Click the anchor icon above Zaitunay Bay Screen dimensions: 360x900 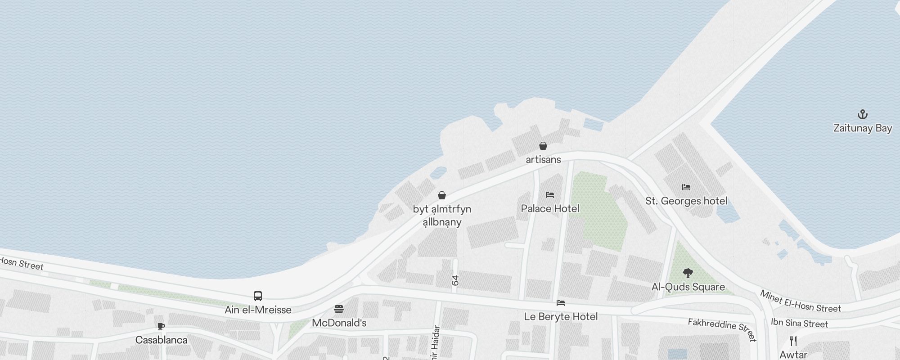(x=862, y=114)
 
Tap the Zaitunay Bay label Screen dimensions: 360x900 (x=862, y=128)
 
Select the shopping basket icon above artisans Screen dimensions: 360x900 (x=543, y=146)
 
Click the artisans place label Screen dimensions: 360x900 (x=543, y=160)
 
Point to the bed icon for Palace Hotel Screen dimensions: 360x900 (x=549, y=195)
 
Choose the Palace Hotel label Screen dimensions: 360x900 (x=549, y=208)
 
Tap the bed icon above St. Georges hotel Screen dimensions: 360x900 (x=686, y=187)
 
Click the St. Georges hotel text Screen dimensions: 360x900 (x=686, y=201)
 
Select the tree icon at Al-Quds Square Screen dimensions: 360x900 (x=688, y=273)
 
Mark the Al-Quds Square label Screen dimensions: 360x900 (x=688, y=287)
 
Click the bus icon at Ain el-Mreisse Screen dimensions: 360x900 (x=258, y=296)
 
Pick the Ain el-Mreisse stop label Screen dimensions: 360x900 (x=258, y=310)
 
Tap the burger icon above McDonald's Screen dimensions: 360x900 (x=339, y=309)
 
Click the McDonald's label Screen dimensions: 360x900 (x=339, y=323)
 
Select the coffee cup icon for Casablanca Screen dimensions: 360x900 (x=161, y=326)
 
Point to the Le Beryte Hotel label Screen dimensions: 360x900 (x=561, y=317)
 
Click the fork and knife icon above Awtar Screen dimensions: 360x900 (x=793, y=341)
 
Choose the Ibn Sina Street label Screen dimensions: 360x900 (x=799, y=323)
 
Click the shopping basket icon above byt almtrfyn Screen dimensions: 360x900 (x=442, y=195)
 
